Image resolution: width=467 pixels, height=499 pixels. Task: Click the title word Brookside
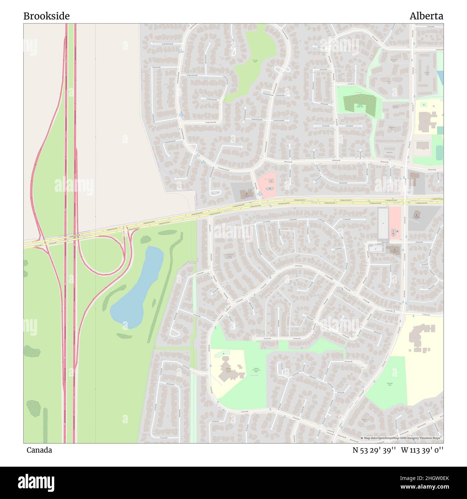tap(46, 16)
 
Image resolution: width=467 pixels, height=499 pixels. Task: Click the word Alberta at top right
tap(426, 16)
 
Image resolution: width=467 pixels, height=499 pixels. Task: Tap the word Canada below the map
tap(39, 450)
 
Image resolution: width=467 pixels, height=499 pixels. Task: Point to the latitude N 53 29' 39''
tap(374, 450)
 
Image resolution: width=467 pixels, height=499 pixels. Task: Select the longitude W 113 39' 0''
tap(422, 450)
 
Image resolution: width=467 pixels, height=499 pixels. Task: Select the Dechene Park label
tap(389, 384)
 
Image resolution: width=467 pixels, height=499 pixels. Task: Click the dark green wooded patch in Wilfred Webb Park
tap(359, 104)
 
